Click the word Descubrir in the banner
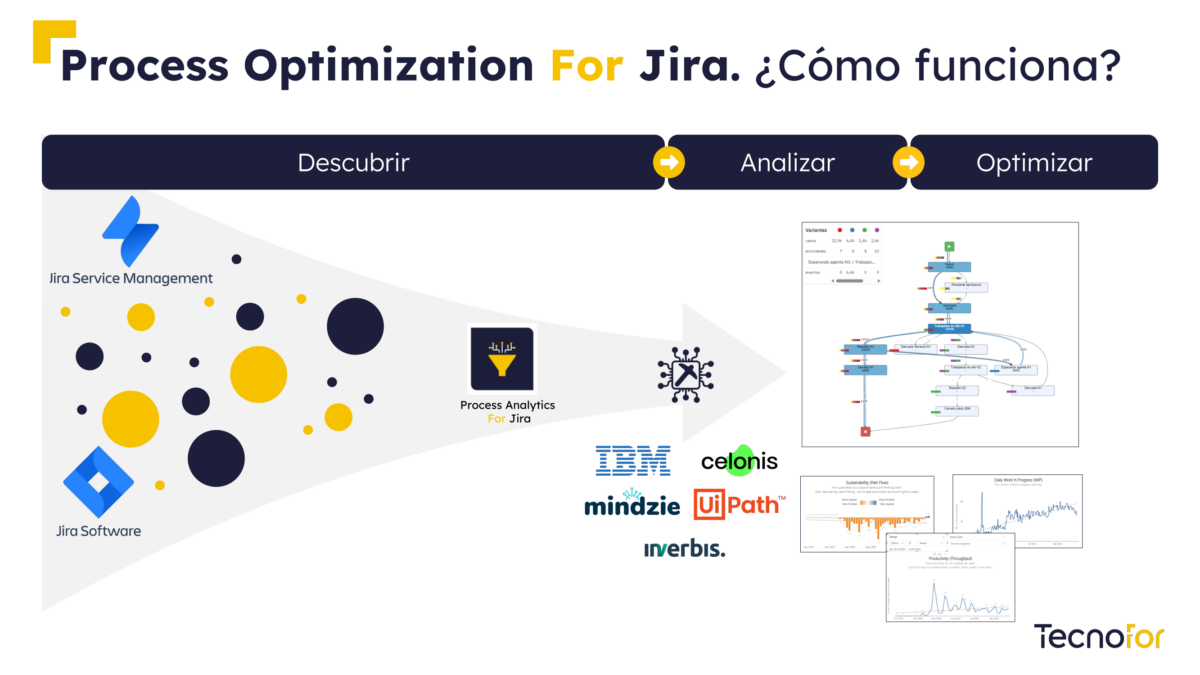(x=353, y=163)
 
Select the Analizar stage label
(x=787, y=163)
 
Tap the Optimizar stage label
(x=1034, y=163)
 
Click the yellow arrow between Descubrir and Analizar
(x=668, y=162)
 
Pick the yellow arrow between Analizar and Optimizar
(x=909, y=162)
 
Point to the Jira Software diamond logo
(x=98, y=482)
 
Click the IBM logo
(x=633, y=460)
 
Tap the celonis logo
(x=739, y=460)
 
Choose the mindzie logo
(x=632, y=504)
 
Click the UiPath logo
(x=739, y=504)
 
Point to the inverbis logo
(x=684, y=548)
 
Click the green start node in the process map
(x=949, y=246)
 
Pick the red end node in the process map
(x=866, y=431)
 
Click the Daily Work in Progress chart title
(x=1018, y=481)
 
